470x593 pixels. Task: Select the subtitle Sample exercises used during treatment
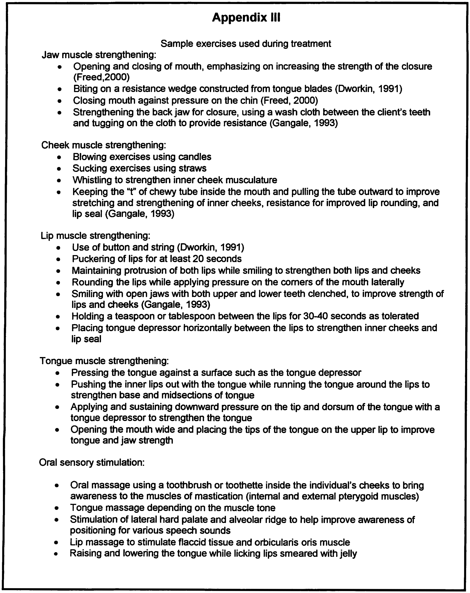pyautogui.click(x=246, y=44)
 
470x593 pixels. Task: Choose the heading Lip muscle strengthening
pyautogui.click(x=95, y=236)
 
